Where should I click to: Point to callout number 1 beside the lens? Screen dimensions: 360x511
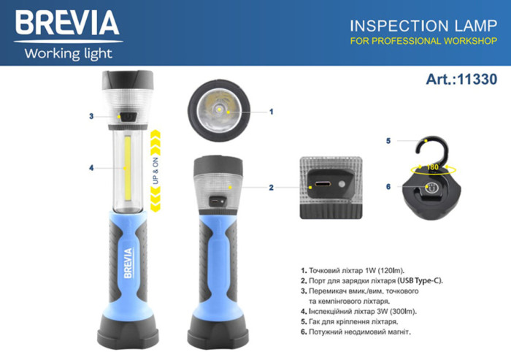(x=271, y=112)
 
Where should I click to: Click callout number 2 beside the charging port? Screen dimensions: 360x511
(x=271, y=188)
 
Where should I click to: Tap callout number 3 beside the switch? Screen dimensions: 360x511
(x=91, y=116)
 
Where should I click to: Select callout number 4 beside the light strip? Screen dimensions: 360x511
(x=91, y=168)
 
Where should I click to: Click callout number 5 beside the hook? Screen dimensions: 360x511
(x=389, y=140)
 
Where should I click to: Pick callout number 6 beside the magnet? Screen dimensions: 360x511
(x=389, y=187)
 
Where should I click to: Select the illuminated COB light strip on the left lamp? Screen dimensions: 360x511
(x=128, y=168)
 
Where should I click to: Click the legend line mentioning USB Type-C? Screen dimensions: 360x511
(x=372, y=280)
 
